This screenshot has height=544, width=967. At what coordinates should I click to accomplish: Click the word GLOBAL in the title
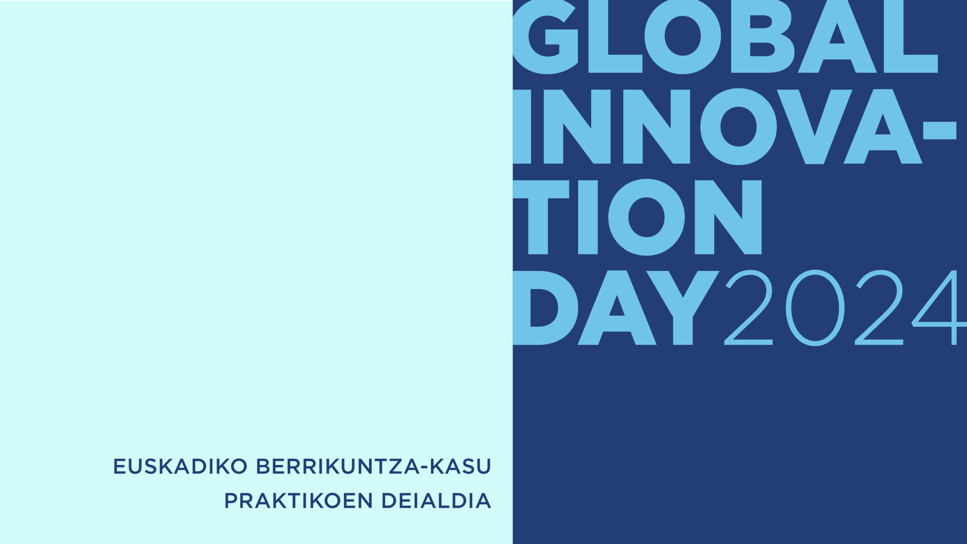click(x=725, y=36)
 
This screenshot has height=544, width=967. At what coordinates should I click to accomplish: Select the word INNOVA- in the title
click(x=734, y=127)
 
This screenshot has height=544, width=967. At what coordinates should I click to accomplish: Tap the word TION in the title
click(x=637, y=217)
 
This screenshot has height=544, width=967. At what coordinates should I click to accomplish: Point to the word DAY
click(x=616, y=308)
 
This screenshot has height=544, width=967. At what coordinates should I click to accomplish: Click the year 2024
click(x=845, y=308)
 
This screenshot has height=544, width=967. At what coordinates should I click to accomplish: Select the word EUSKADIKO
click(x=181, y=466)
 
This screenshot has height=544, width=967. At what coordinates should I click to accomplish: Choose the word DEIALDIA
click(x=436, y=501)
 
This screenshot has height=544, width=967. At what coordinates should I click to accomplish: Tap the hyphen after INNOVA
click(x=939, y=130)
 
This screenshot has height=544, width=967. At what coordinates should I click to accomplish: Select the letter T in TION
click(x=541, y=217)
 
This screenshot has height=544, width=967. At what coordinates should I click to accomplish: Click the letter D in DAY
click(x=545, y=308)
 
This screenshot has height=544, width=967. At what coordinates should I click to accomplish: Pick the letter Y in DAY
click(x=683, y=308)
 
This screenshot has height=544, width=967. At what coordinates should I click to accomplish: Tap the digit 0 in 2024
click(x=815, y=308)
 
